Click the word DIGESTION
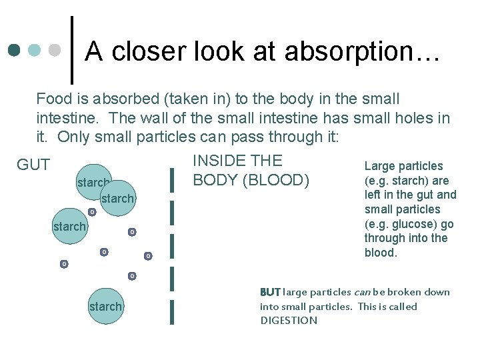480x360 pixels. pyautogui.click(x=289, y=321)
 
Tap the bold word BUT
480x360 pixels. pyautogui.click(x=270, y=292)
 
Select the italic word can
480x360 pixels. pyautogui.click(x=361, y=292)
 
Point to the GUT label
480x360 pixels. pyautogui.click(x=33, y=165)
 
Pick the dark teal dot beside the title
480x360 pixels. pyautogui.click(x=15, y=50)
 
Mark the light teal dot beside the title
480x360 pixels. pyautogui.click(x=35, y=50)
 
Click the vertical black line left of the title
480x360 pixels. pyautogui.click(x=72, y=50)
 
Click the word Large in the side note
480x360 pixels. pyautogui.click(x=380, y=166)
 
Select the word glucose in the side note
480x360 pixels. pyautogui.click(x=409, y=223)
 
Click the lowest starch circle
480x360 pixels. pyautogui.click(x=105, y=307)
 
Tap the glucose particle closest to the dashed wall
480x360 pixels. pyautogui.click(x=148, y=256)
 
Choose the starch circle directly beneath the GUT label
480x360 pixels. pyautogui.click(x=69, y=227)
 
